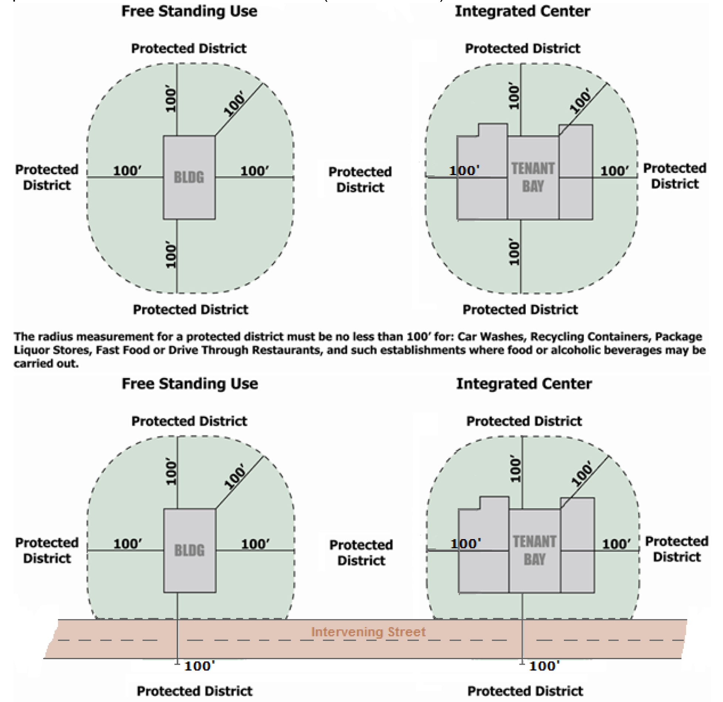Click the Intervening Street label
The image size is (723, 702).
(368, 632)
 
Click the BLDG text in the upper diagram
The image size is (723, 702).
(189, 177)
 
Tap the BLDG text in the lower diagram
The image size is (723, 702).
(189, 551)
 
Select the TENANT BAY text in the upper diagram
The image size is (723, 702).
(533, 177)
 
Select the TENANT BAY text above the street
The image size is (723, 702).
(534, 551)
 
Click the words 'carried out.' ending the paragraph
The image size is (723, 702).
(46, 364)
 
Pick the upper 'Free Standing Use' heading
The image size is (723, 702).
(189, 11)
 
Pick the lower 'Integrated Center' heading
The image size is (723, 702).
(524, 384)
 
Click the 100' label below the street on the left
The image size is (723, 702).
(199, 666)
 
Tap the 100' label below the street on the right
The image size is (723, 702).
(544, 666)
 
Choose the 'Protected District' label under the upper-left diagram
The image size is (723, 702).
(191, 310)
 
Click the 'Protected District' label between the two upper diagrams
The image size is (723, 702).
(360, 180)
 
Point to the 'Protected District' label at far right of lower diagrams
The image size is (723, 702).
(676, 549)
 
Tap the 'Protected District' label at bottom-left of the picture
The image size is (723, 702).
(194, 691)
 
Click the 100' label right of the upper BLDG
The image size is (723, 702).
(254, 171)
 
